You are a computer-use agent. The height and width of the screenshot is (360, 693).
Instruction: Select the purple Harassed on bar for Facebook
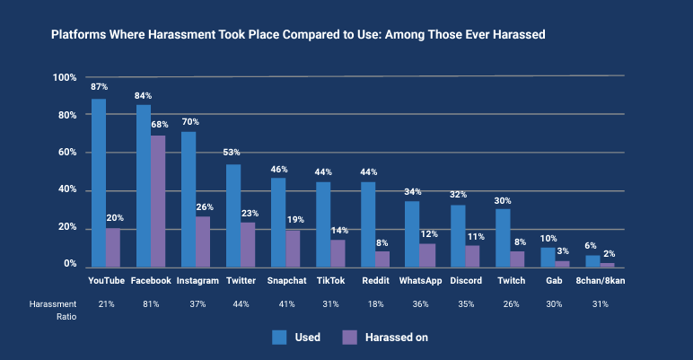coord(158,201)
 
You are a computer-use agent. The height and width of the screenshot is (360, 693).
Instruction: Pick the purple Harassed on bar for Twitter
coord(248,244)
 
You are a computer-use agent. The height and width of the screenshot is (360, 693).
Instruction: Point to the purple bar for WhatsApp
coord(427,255)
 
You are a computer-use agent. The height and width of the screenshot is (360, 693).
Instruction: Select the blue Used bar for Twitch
coord(503,238)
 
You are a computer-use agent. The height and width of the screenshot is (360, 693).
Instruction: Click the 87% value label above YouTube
coord(99,87)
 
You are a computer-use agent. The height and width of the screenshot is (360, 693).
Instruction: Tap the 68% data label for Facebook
coord(160,125)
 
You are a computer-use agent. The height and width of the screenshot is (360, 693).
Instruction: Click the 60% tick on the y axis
coord(64,153)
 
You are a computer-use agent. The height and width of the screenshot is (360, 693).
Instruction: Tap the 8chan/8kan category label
coord(600,281)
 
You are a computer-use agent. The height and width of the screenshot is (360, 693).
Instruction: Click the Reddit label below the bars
coord(375,281)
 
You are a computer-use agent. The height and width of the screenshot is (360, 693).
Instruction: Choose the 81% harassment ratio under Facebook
coord(151,304)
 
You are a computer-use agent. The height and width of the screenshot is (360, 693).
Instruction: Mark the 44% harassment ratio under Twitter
coord(241,304)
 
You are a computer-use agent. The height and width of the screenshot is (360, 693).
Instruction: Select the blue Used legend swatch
coord(280,338)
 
